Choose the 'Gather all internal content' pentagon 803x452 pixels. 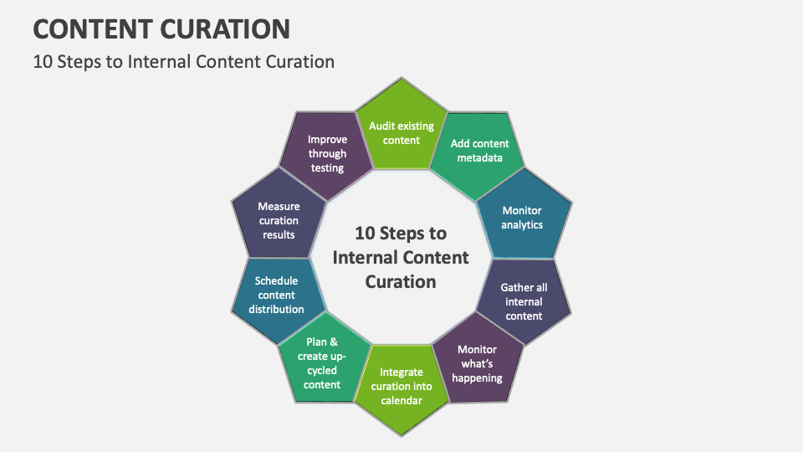[524, 301]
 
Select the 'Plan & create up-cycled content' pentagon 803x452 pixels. [323, 363]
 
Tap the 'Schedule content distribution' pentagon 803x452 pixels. [277, 294]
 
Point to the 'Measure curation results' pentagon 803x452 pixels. [279, 219]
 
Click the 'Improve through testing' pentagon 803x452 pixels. [327, 154]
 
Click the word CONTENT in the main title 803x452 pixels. [91, 29]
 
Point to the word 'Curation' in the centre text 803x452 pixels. [401, 281]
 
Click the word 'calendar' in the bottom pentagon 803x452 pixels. [401, 400]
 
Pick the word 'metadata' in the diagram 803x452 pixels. [479, 157]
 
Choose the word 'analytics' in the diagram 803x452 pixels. [522, 224]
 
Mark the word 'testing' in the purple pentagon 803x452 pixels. [327, 167]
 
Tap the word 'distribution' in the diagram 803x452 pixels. [277, 309]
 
